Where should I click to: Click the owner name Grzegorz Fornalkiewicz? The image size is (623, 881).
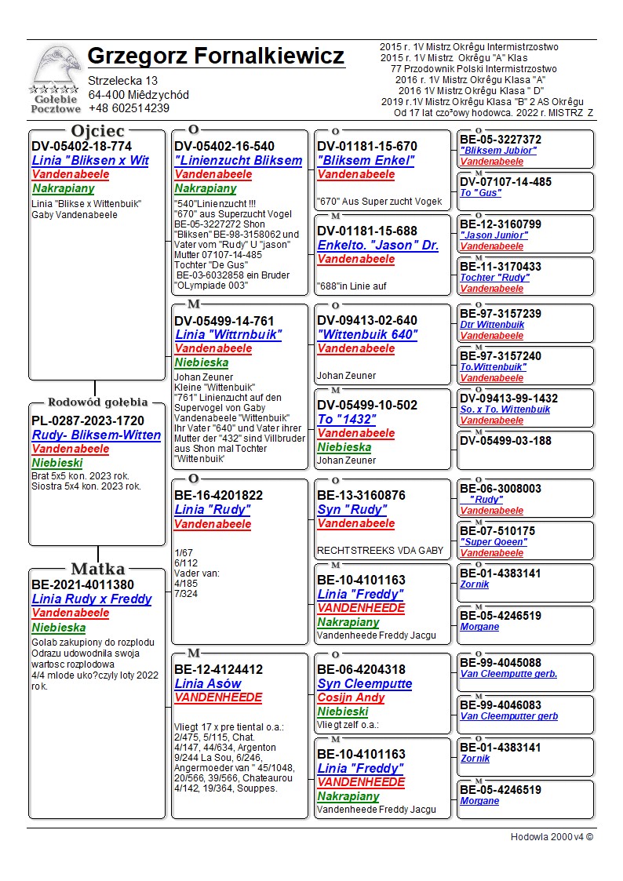point(216,56)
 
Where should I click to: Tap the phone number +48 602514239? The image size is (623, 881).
point(129,109)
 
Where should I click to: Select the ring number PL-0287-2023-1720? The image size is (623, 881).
point(88,420)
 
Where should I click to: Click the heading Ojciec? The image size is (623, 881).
point(98,131)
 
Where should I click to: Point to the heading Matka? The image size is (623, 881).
point(97,569)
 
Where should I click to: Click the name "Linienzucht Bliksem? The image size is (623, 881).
point(239,161)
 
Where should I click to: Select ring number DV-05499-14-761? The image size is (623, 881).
point(224,321)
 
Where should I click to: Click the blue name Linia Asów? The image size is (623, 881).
point(207,684)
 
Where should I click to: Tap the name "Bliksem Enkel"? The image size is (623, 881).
point(366,161)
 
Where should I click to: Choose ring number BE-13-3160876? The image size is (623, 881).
point(361,496)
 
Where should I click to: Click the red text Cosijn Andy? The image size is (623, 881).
point(352,698)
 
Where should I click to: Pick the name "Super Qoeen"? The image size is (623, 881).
point(494,542)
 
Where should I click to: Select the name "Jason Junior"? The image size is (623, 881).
point(494,235)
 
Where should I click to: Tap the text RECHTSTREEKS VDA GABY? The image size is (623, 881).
point(380,551)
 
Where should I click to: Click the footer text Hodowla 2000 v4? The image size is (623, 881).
point(552,837)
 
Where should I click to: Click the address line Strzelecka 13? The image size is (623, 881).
point(123,81)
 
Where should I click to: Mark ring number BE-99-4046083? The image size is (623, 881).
point(501,705)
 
